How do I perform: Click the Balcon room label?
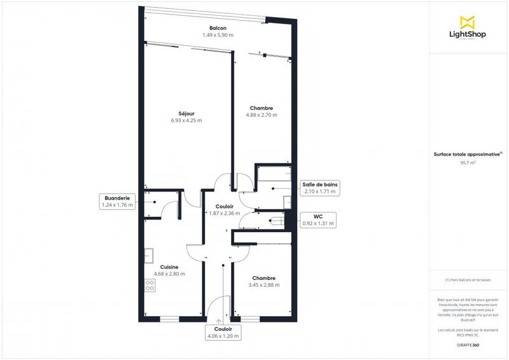click(x=218, y=28)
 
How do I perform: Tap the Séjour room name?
click(x=186, y=114)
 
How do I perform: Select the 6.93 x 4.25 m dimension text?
click(x=186, y=121)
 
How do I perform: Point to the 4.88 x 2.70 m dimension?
click(x=261, y=115)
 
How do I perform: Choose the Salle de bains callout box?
click(x=320, y=187)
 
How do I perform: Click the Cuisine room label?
click(x=169, y=267)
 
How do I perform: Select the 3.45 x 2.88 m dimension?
click(x=263, y=285)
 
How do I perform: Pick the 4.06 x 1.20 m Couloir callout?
click(x=223, y=332)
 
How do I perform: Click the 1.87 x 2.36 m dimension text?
click(x=225, y=214)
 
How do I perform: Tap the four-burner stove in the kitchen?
click(x=150, y=285)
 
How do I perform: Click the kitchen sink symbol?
click(x=148, y=255)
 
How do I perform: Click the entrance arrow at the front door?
click(x=218, y=321)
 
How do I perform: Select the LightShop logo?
click(x=468, y=28)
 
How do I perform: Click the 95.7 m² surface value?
click(x=468, y=163)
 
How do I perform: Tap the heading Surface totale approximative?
click(x=467, y=153)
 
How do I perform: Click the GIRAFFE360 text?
click(x=468, y=345)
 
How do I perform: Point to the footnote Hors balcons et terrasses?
click(x=468, y=280)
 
